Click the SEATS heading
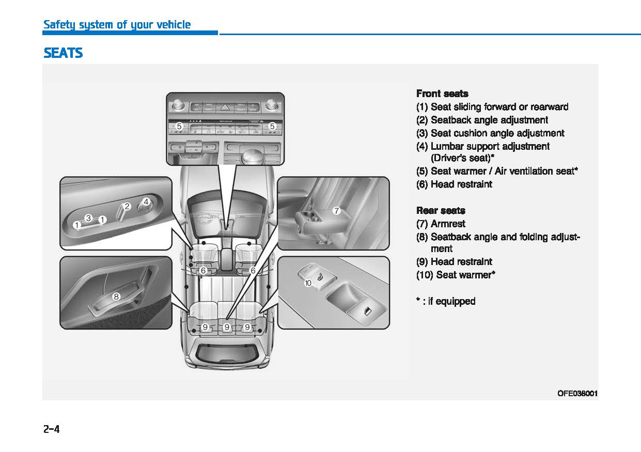(63, 53)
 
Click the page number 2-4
(52, 429)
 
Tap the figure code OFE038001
(577, 394)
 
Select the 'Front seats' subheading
(442, 93)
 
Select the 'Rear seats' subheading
(441, 210)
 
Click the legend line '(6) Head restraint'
(454, 184)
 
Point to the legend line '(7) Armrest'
(441, 224)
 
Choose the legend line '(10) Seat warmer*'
(456, 275)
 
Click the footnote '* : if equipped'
(446, 301)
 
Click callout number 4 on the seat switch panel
(146, 201)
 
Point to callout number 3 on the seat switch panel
(88, 218)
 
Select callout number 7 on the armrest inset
(336, 211)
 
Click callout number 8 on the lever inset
(116, 297)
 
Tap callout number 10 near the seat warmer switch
(308, 283)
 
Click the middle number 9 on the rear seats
(226, 327)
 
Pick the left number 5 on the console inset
(179, 126)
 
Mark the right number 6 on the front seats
(253, 270)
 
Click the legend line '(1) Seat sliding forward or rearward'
(492, 107)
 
